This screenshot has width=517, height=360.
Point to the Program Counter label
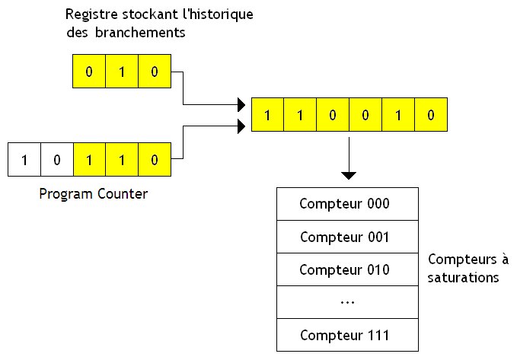(94, 193)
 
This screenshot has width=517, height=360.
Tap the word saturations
(464, 277)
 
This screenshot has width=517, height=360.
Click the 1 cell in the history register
(122, 72)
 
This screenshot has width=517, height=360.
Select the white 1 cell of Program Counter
(24, 160)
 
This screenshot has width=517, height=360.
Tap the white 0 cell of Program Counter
(56, 160)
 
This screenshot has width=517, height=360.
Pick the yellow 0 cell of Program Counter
(155, 160)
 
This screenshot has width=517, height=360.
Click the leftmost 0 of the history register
(89, 72)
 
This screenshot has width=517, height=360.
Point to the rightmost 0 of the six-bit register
(430, 116)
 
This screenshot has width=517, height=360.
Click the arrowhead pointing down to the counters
(349, 176)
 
